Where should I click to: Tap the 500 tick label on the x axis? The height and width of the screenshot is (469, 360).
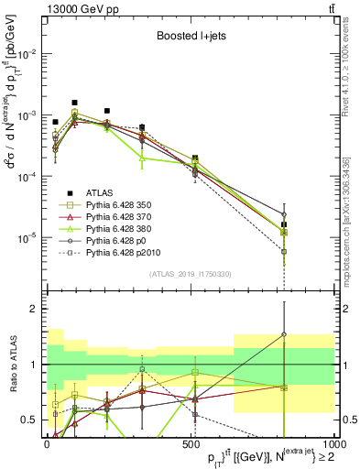191,442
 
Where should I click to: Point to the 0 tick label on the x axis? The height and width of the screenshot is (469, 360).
48,442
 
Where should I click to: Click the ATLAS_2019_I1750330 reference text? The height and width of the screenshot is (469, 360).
190,274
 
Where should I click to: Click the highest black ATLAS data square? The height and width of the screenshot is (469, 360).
74,103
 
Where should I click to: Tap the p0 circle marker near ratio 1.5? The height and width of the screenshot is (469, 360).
284,335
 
